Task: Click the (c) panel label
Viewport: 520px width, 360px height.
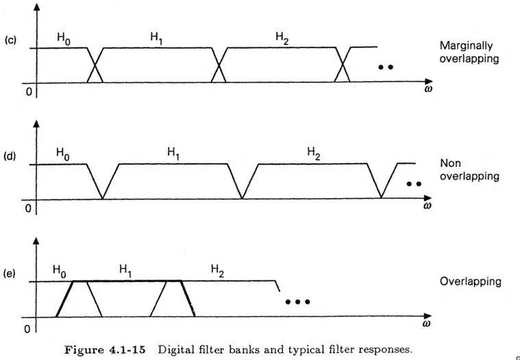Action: [11, 40]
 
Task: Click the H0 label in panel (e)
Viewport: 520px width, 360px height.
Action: [60, 273]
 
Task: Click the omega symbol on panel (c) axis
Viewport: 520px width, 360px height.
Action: [428, 88]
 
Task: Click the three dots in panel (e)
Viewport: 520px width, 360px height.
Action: [298, 302]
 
